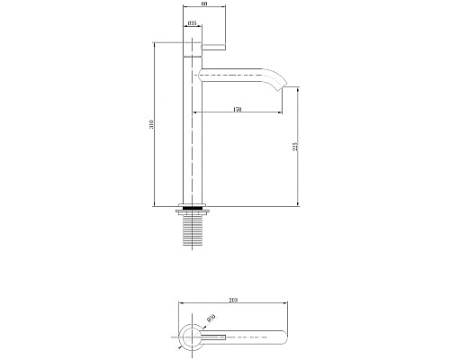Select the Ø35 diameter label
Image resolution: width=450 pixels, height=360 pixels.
click(x=193, y=25)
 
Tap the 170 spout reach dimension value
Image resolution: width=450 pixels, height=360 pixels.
click(x=237, y=109)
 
